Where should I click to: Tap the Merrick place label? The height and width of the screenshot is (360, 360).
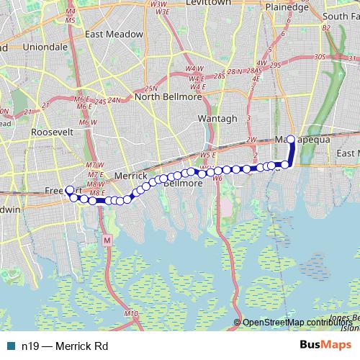131,176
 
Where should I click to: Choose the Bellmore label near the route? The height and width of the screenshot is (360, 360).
183,183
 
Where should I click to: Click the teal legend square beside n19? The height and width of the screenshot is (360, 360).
10,346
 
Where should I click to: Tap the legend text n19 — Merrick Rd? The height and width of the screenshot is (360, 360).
64,346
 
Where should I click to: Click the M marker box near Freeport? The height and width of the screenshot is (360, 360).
107,239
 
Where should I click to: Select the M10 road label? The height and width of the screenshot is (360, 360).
130,313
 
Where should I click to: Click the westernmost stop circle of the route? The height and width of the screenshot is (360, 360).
69,191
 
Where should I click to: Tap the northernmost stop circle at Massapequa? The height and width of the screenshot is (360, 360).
291,139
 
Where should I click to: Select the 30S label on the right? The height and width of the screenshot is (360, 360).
320,56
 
